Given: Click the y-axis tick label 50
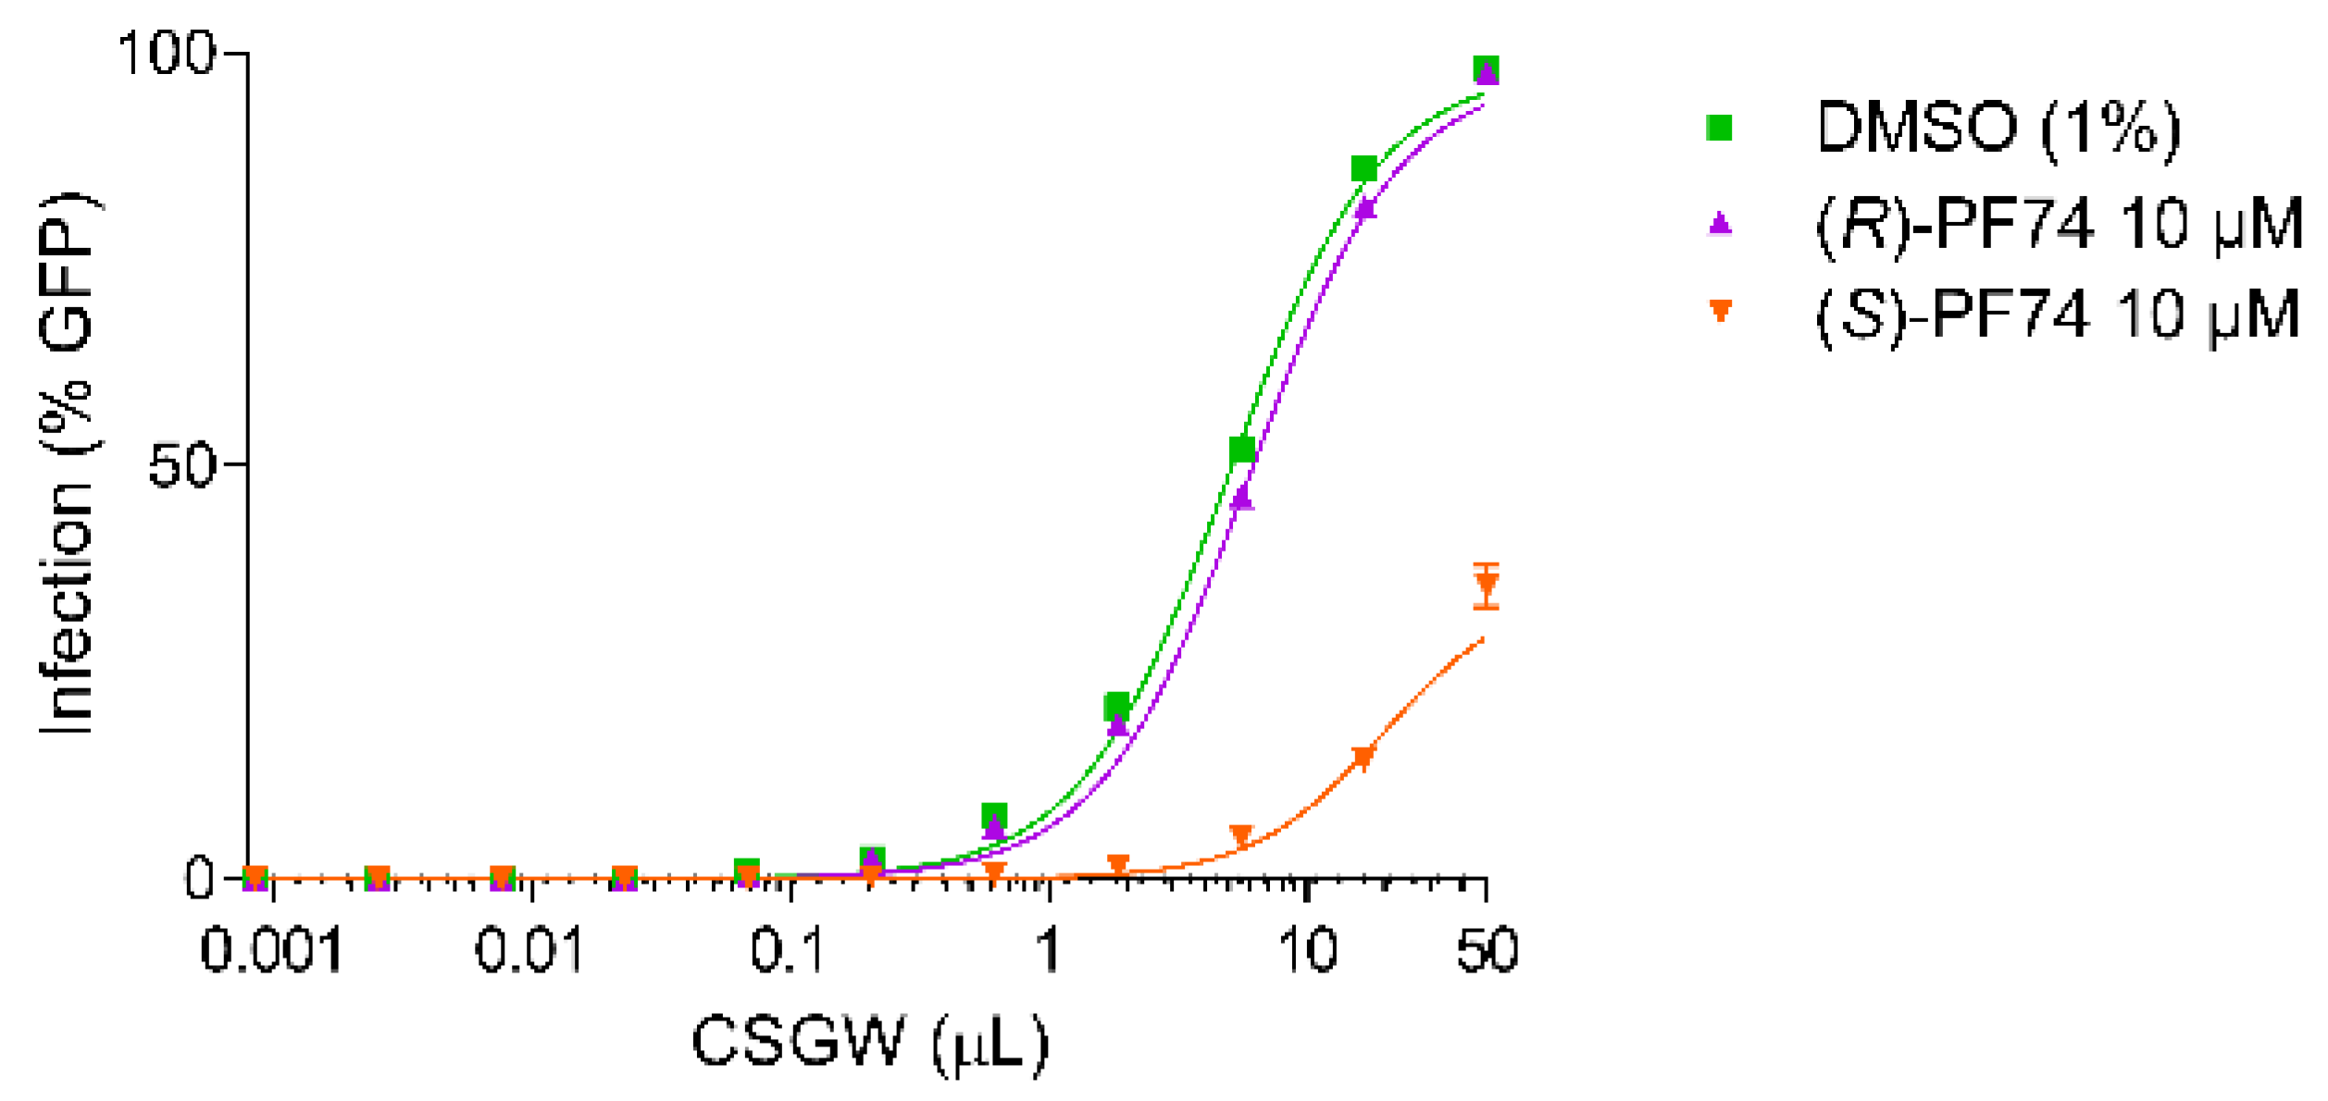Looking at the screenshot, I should click(x=182, y=464).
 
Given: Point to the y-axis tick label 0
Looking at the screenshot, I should click(x=200, y=877).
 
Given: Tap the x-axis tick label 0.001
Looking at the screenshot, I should click(x=271, y=950).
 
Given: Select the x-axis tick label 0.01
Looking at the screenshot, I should click(x=529, y=950).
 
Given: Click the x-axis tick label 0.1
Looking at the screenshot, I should click(x=788, y=950).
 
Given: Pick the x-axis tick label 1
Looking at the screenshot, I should click(x=1048, y=950).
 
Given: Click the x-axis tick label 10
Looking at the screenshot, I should click(x=1307, y=950).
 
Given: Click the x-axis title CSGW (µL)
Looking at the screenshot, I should click(x=870, y=1044).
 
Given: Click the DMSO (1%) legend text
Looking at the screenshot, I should click(x=1998, y=128).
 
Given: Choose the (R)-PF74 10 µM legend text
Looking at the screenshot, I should click(x=2059, y=224).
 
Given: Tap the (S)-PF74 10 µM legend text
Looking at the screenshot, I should click(x=2057, y=315).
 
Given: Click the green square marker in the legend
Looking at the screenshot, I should click(x=1719, y=128).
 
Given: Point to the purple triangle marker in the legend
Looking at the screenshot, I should click(x=1720, y=223).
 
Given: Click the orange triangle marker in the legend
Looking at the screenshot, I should click(x=1720, y=311).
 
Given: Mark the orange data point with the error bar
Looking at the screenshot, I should click(x=1486, y=586).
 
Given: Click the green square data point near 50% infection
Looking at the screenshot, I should click(x=1241, y=450).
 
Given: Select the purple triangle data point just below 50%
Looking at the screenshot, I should click(x=1242, y=498).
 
